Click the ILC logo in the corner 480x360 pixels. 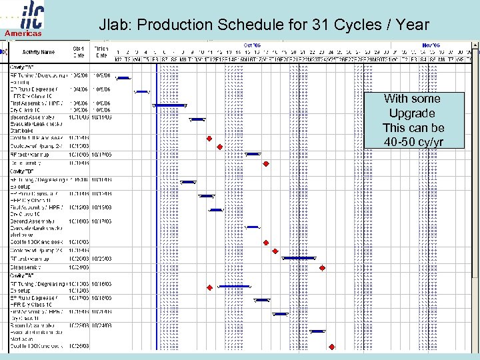[x=24, y=15]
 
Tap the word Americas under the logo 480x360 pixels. [x=24, y=33]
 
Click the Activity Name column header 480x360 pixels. [x=38, y=51]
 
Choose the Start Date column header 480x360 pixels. [x=78, y=51]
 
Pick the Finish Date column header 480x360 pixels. [x=101, y=51]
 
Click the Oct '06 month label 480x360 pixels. [x=252, y=46]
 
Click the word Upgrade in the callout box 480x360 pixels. [x=412, y=113]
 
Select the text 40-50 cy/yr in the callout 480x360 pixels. [x=413, y=142]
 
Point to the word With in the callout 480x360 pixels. [x=395, y=99]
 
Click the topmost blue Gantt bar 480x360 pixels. [x=123, y=78]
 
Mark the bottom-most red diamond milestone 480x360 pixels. [x=331, y=347]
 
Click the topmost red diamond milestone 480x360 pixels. [x=209, y=137]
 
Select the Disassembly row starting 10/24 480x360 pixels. [x=30, y=267]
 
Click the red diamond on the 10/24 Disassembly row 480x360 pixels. [x=322, y=268]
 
